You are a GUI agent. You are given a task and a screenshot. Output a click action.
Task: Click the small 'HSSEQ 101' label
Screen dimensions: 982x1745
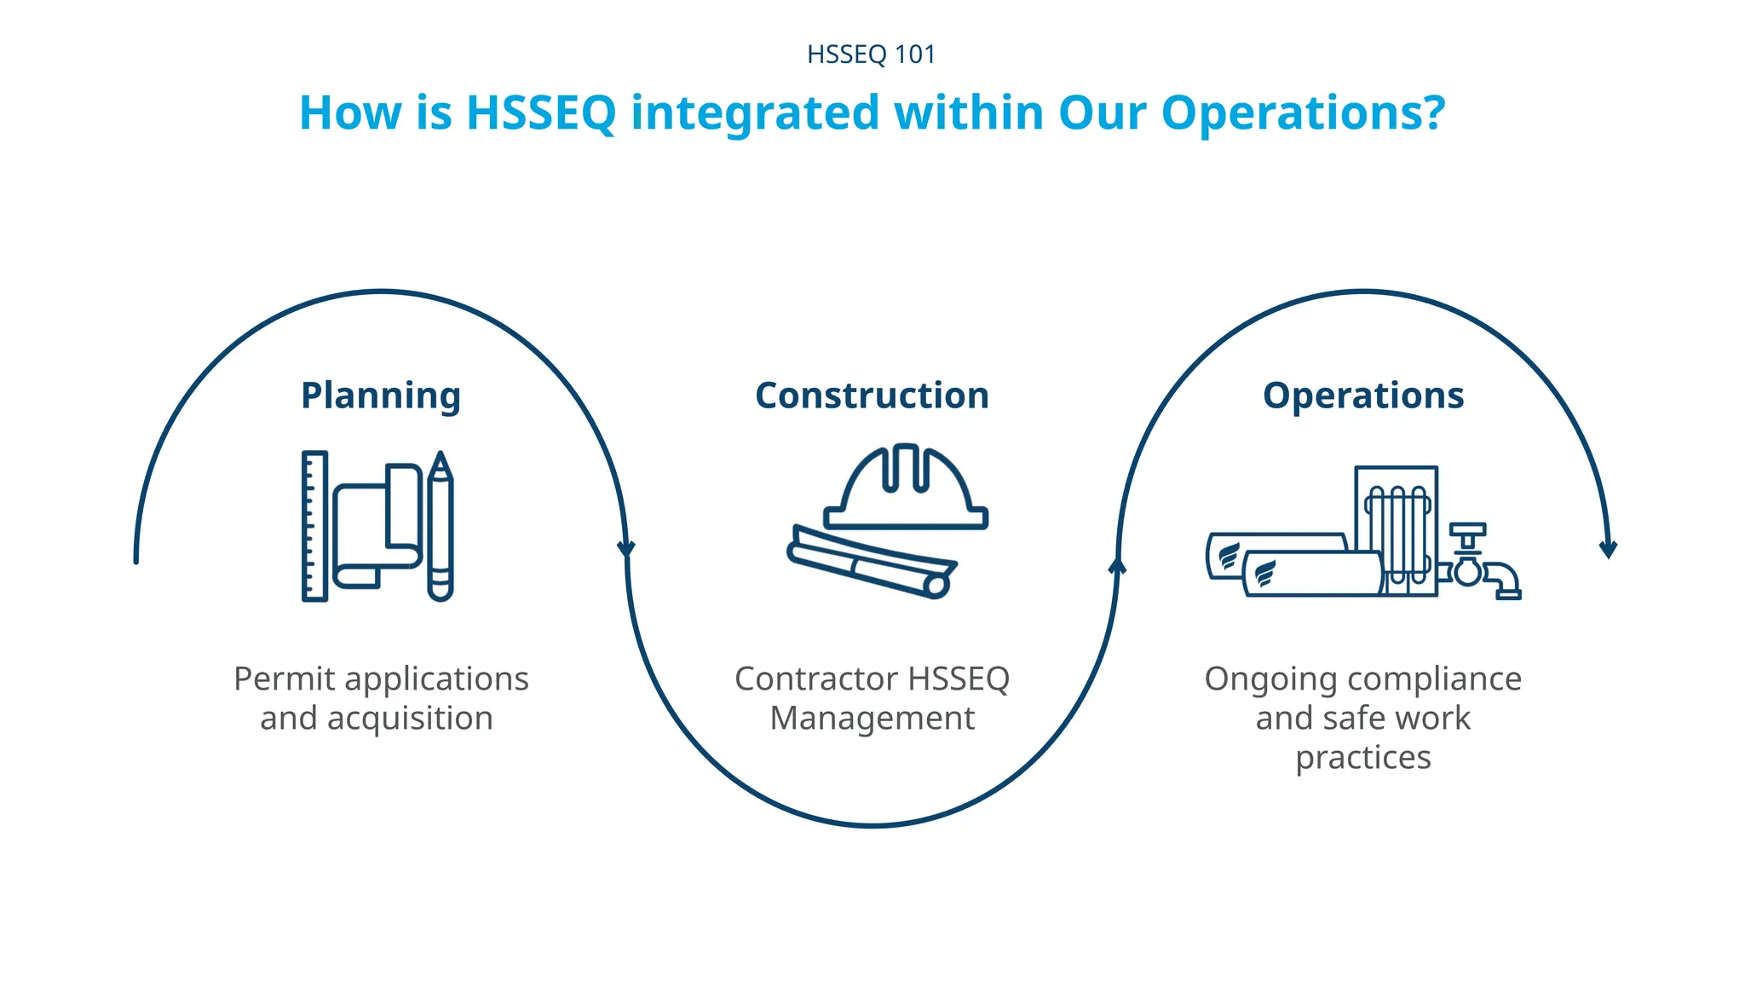[x=871, y=55]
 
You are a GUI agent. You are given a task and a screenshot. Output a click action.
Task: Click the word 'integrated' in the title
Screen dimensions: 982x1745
[x=755, y=113]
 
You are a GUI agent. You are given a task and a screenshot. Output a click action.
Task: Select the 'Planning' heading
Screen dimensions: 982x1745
[x=381, y=396]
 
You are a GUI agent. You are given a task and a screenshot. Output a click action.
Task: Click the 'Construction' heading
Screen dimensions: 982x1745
[x=872, y=396]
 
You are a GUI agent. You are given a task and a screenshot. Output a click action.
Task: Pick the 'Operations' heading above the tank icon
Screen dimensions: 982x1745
[x=1363, y=396]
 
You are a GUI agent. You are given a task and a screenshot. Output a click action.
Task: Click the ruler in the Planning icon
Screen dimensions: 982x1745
[x=314, y=526]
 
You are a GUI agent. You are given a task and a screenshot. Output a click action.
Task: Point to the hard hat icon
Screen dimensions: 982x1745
[x=905, y=489]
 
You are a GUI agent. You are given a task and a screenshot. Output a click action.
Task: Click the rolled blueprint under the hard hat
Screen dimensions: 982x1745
[x=871, y=563]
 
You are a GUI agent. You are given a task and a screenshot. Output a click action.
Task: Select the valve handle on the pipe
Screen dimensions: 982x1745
[x=1467, y=530]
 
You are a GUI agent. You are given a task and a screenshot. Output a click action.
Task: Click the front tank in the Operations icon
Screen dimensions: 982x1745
[x=1312, y=574]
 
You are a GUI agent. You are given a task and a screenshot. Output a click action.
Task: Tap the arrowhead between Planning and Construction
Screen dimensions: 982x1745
[x=626, y=548]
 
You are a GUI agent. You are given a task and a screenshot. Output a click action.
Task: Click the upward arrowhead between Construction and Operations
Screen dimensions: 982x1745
[x=1117, y=565]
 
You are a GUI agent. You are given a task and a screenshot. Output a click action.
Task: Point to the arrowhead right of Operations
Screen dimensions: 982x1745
[x=1608, y=549]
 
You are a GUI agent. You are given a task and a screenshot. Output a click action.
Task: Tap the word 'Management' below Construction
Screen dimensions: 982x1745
[x=872, y=719]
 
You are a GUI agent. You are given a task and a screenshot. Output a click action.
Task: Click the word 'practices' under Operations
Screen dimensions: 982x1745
[x=1363, y=758]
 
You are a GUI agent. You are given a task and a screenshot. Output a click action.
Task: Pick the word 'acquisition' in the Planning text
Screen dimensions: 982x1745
[x=410, y=719]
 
